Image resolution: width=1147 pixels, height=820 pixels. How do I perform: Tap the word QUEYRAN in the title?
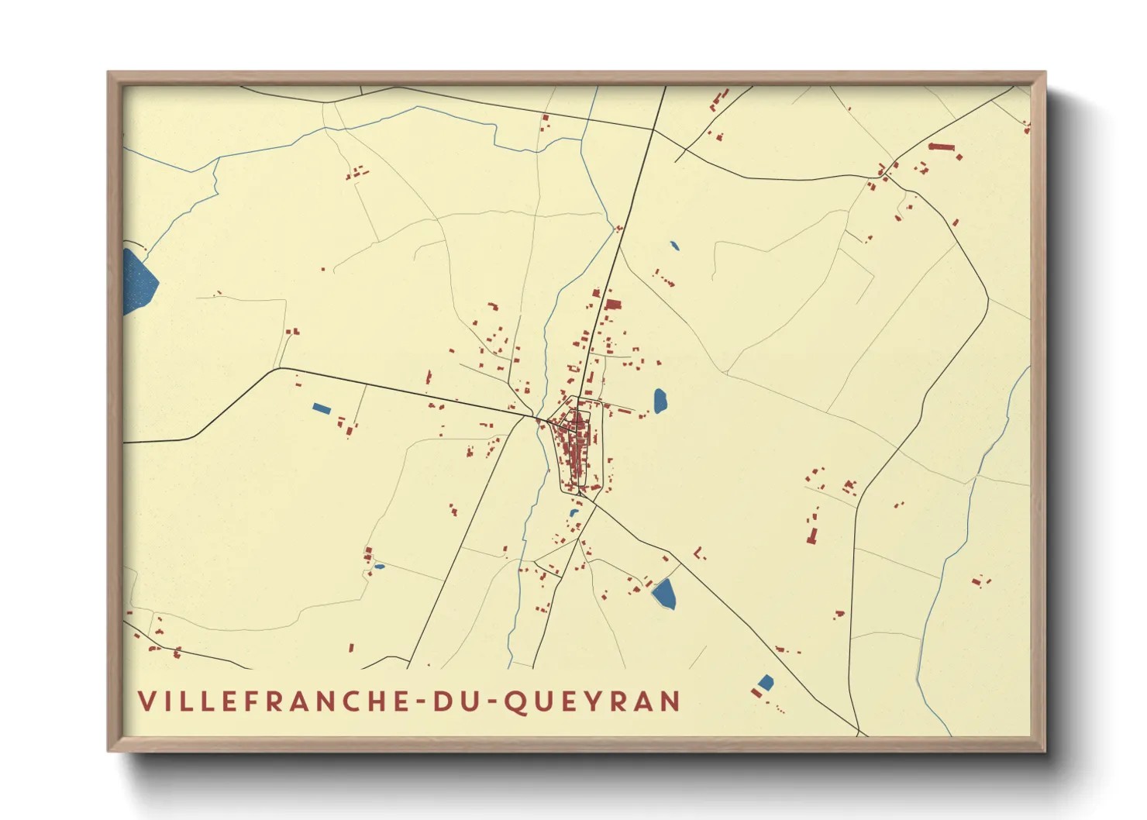click(592, 701)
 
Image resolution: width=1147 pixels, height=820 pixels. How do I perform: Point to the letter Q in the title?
click(515, 702)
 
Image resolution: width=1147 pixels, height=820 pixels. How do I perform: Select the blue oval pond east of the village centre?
click(660, 401)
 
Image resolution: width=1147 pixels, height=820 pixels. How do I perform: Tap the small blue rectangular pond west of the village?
click(321, 408)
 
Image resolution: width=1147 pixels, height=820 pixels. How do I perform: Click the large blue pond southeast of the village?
click(664, 594)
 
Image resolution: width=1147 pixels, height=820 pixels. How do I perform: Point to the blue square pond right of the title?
click(765, 682)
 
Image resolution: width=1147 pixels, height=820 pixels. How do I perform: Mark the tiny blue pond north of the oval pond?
click(674, 246)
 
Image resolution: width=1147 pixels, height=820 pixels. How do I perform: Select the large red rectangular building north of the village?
click(613, 304)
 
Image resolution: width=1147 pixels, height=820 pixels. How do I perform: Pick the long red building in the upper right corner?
click(941, 146)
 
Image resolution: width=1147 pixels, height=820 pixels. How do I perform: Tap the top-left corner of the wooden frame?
click(109, 74)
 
